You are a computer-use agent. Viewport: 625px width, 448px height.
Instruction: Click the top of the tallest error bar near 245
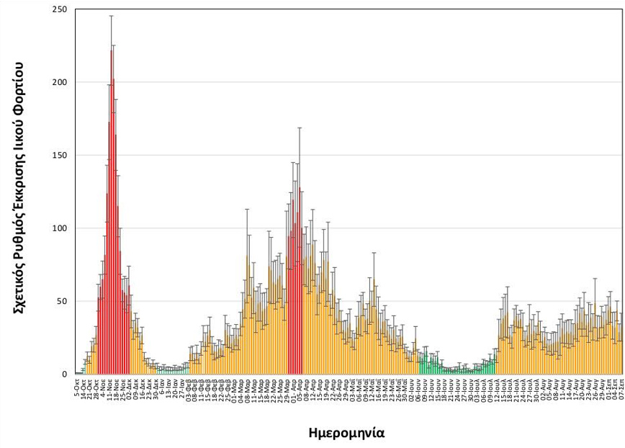(112, 16)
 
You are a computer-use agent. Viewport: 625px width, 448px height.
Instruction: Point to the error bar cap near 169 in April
(300, 127)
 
